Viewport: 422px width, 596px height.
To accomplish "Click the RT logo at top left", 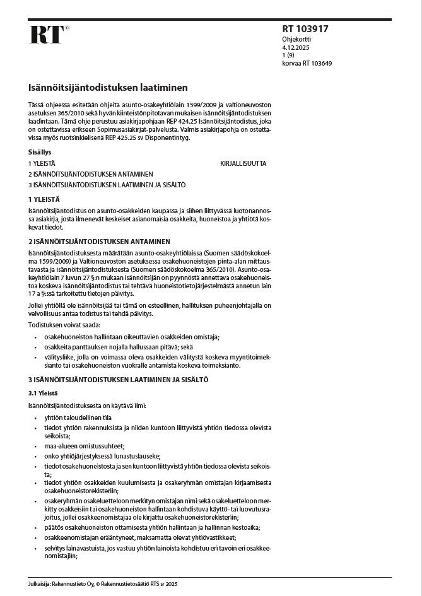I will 47,35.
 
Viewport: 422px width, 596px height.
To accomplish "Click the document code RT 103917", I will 305,29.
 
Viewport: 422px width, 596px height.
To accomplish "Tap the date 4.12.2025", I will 295,47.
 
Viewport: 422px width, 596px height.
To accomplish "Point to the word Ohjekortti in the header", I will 295,39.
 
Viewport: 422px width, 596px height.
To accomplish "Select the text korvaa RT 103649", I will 307,64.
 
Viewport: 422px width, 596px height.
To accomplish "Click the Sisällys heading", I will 39,152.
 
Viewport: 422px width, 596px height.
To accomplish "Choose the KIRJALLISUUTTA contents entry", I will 243,163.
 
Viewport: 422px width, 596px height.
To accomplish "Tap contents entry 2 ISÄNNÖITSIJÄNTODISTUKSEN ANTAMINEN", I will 90,173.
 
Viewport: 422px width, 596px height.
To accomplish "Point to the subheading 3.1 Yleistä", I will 43,392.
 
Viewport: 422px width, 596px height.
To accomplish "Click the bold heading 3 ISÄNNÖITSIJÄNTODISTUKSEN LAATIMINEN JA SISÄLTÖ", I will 118,380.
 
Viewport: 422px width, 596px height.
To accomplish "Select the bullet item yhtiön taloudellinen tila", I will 78,418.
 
